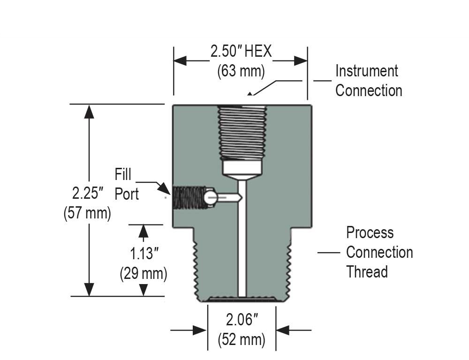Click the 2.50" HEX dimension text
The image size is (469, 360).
[241, 51]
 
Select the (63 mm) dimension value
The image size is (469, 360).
[241, 71]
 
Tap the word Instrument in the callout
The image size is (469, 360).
[366, 71]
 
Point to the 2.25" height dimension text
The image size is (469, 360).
[88, 193]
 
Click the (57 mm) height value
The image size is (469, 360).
[87, 213]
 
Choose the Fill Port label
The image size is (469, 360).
[127, 184]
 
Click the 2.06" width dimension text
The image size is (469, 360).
[242, 320]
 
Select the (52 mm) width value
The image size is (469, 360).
[242, 340]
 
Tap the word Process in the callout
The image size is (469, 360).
[370, 232]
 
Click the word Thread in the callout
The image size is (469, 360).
[367, 272]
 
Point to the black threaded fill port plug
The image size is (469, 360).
[188, 198]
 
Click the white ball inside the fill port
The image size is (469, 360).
[210, 197]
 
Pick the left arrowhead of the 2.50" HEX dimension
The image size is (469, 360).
[180, 61]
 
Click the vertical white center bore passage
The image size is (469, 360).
[242, 244]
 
